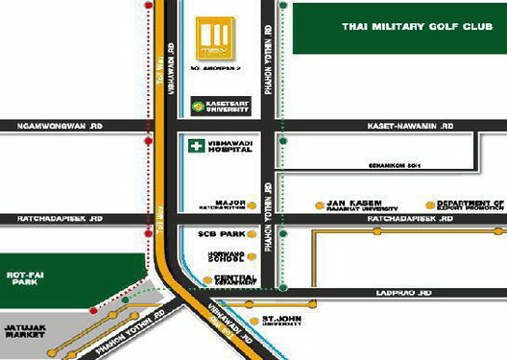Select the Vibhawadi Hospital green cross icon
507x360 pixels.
click(193, 145)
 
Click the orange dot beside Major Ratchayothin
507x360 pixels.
click(253, 205)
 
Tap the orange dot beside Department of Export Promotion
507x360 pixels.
click(428, 204)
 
